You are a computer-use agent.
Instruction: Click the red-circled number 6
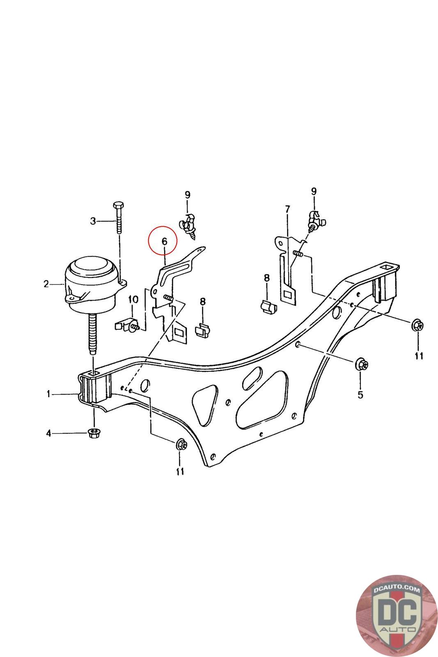(x=164, y=241)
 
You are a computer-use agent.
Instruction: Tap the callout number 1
(x=49, y=394)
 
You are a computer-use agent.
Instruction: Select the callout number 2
(x=46, y=283)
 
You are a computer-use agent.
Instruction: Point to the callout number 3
(x=93, y=221)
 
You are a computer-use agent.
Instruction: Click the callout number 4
(x=49, y=433)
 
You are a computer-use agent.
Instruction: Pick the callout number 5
(x=360, y=395)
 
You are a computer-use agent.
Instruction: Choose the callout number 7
(x=287, y=209)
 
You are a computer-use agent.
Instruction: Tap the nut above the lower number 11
(x=181, y=444)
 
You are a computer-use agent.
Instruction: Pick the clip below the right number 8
(x=268, y=307)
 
